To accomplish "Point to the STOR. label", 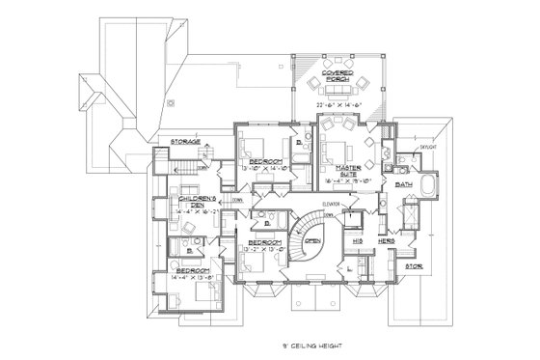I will [413, 265].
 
